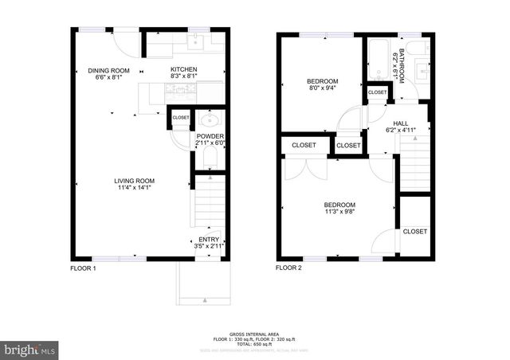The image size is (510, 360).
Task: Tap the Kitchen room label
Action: [184, 69]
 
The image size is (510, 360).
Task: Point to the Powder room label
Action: [210, 136]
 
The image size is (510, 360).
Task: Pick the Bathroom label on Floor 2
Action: [401, 65]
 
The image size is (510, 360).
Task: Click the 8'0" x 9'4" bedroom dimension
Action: [323, 88]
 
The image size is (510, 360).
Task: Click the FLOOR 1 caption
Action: [83, 268]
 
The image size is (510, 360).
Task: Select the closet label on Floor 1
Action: [181, 118]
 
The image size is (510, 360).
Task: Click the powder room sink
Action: [209, 122]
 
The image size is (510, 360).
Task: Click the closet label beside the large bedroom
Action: [414, 231]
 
